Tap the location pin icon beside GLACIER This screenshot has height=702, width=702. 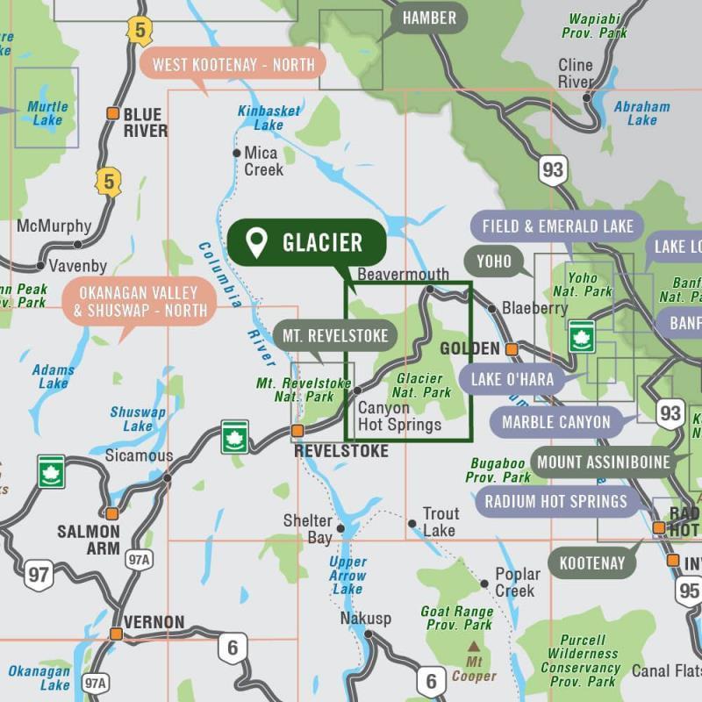[x=256, y=243]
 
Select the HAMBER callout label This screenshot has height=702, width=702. [x=429, y=18]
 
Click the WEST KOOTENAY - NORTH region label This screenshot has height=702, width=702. [x=233, y=64]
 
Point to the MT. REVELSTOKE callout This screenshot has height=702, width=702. [x=334, y=335]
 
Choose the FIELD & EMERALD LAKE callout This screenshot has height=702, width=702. [x=557, y=226]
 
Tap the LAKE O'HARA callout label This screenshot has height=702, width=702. [x=512, y=380]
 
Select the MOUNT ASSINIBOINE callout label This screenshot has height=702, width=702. [x=603, y=462]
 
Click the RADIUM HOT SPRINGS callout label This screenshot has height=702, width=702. [x=556, y=501]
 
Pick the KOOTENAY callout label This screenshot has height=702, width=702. [x=592, y=563]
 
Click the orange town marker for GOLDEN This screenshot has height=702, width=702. [x=512, y=349]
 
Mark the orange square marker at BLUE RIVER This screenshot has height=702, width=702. [x=112, y=113]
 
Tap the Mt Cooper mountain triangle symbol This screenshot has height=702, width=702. [x=474, y=647]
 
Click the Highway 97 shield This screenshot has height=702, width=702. [x=39, y=576]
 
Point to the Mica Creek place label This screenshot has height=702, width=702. [x=264, y=161]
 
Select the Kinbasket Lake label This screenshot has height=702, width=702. [x=269, y=118]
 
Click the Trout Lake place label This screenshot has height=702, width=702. [x=440, y=521]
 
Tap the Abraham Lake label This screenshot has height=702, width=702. [x=641, y=113]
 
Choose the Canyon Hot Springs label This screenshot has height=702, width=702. [x=399, y=417]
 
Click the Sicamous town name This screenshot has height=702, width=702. [x=139, y=456]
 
